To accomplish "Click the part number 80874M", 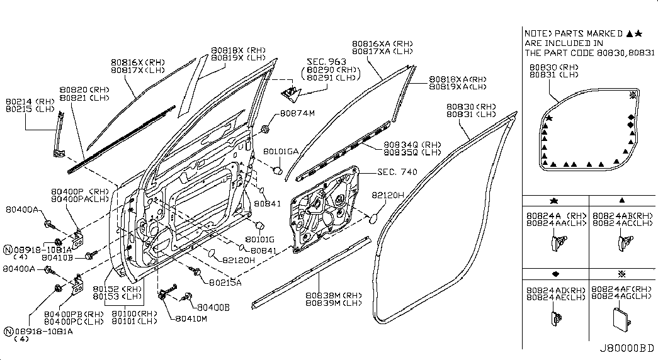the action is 297,113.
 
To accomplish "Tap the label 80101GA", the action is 281,152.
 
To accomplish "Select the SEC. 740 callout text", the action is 397,172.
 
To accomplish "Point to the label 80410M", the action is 191,318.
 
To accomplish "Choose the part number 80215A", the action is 225,283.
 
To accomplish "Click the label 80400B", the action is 213,308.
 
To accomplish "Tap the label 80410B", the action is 57,257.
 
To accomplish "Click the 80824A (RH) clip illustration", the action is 559,243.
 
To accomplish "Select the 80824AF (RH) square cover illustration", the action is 621,318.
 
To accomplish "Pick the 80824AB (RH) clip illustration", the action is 625,243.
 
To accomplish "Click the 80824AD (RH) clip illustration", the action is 555,318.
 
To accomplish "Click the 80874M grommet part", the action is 265,128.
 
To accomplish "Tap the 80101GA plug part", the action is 277,170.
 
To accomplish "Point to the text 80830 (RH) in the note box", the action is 553,67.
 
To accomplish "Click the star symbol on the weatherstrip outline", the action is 549,118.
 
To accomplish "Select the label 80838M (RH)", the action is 333,295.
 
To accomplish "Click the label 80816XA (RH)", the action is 382,43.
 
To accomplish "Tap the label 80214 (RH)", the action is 30,101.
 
